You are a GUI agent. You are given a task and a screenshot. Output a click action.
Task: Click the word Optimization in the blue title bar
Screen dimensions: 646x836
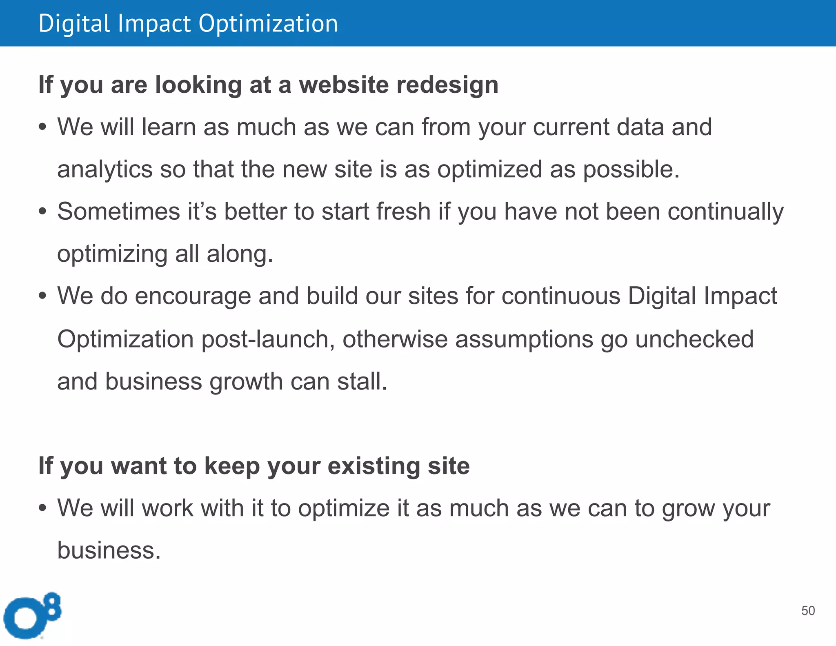click(x=268, y=24)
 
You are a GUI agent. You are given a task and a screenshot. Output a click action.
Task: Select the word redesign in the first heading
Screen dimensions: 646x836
click(x=447, y=85)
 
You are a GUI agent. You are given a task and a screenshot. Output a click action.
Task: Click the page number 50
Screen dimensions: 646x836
click(x=808, y=610)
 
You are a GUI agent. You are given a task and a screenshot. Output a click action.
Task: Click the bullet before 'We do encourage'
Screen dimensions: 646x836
click(x=42, y=296)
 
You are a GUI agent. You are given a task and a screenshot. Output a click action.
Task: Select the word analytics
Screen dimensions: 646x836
click(x=104, y=169)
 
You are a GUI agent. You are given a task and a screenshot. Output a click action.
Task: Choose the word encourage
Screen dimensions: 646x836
click(x=193, y=296)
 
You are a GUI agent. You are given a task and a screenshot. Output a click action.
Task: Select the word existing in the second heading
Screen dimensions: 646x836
click(x=374, y=466)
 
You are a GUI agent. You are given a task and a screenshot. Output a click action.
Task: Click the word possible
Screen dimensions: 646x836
click(x=631, y=169)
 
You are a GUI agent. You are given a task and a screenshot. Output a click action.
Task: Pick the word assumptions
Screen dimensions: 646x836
click(x=524, y=339)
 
